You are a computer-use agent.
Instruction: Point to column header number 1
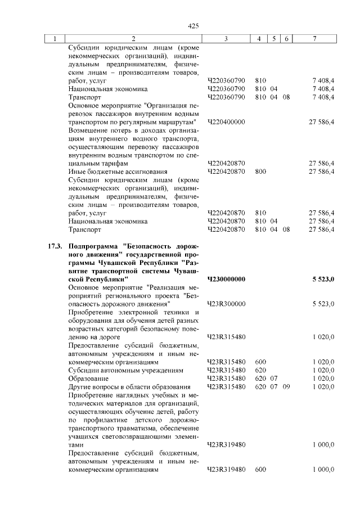pyautogui.click(x=55, y=39)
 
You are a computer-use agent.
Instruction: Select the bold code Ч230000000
pyautogui.click(x=227, y=279)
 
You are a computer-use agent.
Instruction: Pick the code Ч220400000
pyautogui.click(x=227, y=122)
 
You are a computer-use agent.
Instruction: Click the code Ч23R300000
pyautogui.click(x=227, y=304)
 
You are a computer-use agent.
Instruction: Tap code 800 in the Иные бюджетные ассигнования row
pyautogui.click(x=260, y=172)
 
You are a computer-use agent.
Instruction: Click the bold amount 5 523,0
pyautogui.click(x=323, y=279)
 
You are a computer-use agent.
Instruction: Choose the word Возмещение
pyautogui.click(x=89, y=130)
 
